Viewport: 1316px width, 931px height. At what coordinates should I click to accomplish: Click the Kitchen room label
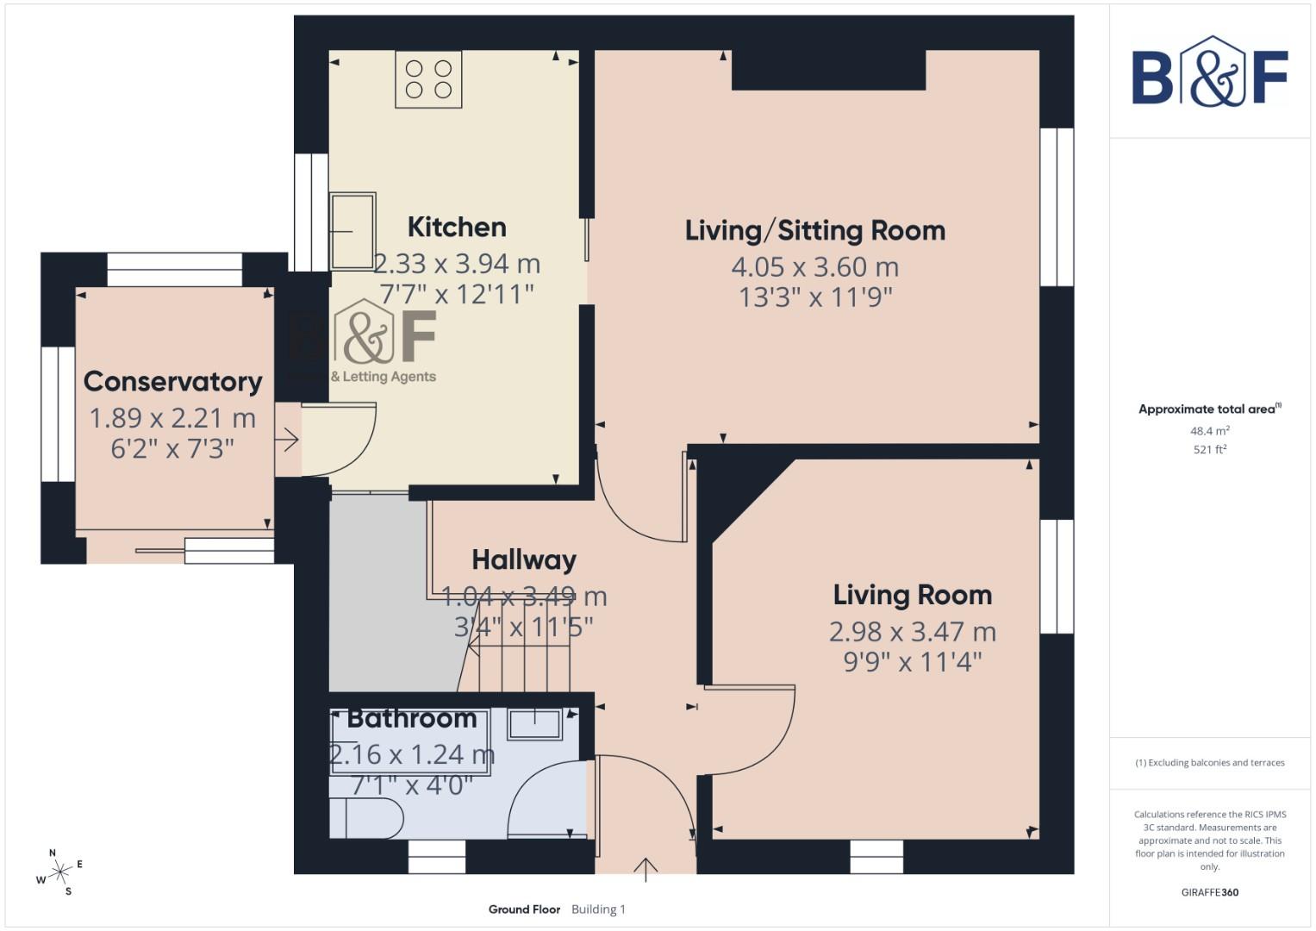tap(456, 228)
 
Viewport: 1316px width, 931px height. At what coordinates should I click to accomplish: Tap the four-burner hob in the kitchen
tap(428, 79)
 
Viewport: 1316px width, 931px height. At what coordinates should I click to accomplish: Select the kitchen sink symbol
tap(353, 231)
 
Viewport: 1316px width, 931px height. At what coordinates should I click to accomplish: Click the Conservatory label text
tap(172, 382)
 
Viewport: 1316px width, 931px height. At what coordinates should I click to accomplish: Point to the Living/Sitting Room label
tap(814, 231)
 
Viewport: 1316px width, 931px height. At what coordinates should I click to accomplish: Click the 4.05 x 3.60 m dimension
tap(814, 267)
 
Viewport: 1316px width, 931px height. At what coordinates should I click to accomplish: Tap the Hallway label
tap(524, 560)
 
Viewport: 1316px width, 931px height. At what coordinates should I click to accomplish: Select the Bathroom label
tap(411, 719)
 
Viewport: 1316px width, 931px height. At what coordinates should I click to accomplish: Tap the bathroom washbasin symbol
tap(534, 724)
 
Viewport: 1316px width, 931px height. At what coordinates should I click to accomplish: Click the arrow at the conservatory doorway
tap(287, 441)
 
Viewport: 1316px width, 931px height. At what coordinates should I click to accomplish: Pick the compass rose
tap(59, 873)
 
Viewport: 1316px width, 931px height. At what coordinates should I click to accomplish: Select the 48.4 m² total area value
tap(1209, 431)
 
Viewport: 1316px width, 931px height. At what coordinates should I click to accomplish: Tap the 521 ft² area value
tap(1209, 449)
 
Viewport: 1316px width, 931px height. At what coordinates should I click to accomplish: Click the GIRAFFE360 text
tap(1209, 892)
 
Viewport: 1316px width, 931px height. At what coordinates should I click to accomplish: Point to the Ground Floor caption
tap(524, 909)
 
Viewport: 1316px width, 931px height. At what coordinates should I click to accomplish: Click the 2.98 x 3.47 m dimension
tap(912, 632)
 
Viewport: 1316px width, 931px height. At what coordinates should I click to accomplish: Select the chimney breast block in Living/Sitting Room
tap(828, 70)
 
